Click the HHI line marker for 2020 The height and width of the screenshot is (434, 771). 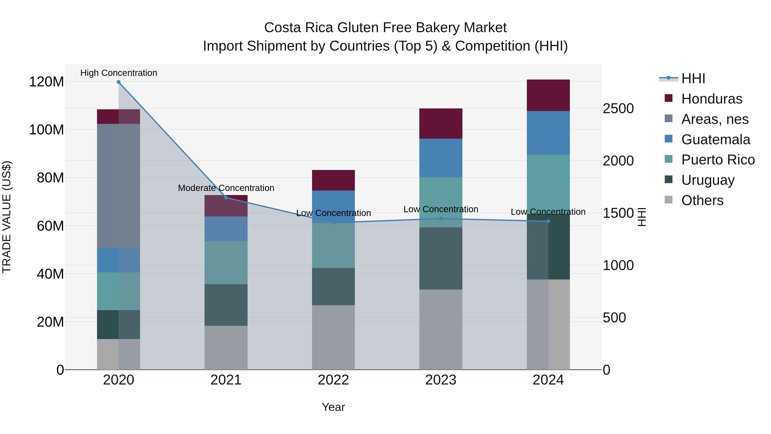pyautogui.click(x=118, y=82)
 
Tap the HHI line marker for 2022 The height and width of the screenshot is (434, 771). pyautogui.click(x=333, y=222)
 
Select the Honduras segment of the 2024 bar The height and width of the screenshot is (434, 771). pyautogui.click(x=548, y=95)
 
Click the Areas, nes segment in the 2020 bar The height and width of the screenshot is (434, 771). pyautogui.click(x=118, y=186)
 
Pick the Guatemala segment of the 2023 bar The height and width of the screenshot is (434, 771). pyautogui.click(x=441, y=158)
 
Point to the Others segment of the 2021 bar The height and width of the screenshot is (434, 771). pyautogui.click(x=226, y=347)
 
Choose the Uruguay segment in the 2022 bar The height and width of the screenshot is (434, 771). pyautogui.click(x=333, y=286)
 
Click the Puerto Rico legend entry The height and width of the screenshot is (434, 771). pyautogui.click(x=718, y=160)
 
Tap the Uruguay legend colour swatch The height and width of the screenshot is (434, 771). pyautogui.click(x=668, y=179)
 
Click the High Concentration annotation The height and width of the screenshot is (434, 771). pyautogui.click(x=118, y=73)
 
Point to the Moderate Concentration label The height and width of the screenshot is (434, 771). pyautogui.click(x=226, y=188)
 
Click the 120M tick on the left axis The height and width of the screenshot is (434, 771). pyautogui.click(x=46, y=82)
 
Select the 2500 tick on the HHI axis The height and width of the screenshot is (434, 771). pyautogui.click(x=618, y=108)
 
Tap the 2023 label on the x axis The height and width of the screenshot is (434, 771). pyautogui.click(x=441, y=380)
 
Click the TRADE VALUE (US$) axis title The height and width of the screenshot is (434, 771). pyautogui.click(x=7, y=217)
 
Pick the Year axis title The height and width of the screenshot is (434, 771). pyautogui.click(x=333, y=407)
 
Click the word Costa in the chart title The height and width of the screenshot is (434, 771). pyautogui.click(x=283, y=28)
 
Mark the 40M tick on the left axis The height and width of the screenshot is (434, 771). pyautogui.click(x=50, y=274)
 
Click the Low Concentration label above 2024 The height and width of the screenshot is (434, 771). pyautogui.click(x=548, y=212)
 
